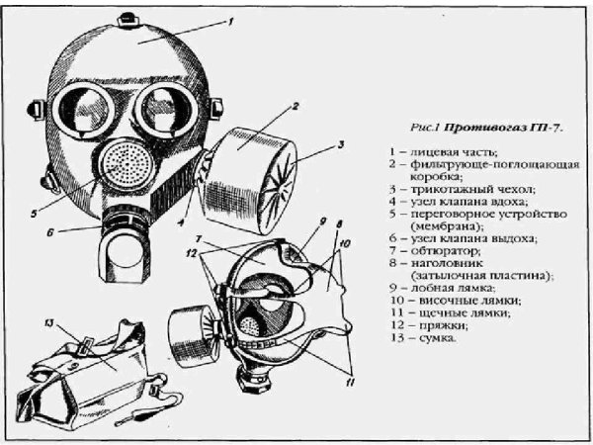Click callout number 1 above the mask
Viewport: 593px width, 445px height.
click(230, 22)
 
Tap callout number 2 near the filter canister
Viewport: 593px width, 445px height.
click(296, 106)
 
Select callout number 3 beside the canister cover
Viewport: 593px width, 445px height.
click(340, 144)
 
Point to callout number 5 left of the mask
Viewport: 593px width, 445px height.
click(34, 214)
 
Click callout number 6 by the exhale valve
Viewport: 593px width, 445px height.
click(50, 232)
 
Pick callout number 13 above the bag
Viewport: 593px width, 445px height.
click(49, 323)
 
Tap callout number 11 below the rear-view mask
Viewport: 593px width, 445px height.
click(350, 383)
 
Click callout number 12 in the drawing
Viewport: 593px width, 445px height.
click(192, 253)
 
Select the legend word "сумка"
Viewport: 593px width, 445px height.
click(438, 337)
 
